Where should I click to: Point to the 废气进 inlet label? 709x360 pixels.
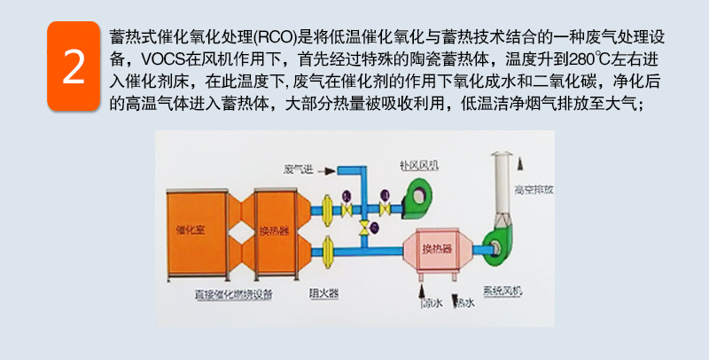(296, 168)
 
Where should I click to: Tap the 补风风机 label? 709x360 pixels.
(419, 164)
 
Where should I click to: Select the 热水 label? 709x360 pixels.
(464, 302)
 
